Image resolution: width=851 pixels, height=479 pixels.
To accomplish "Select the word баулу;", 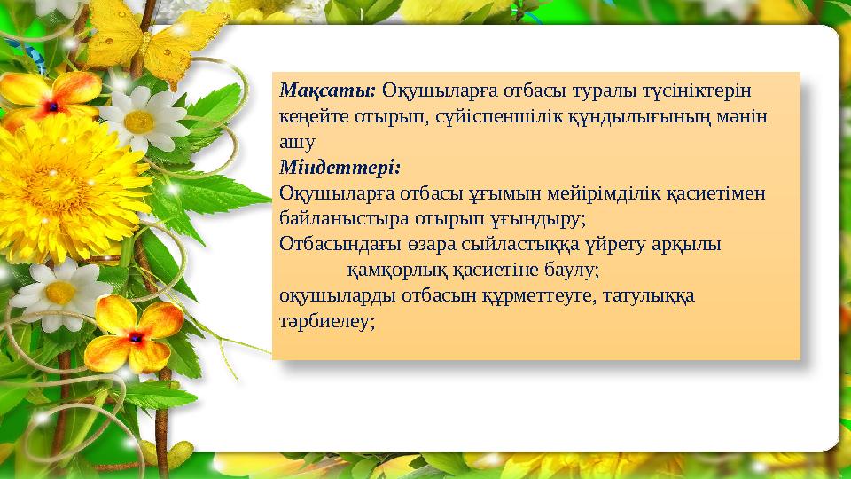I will tap(574, 268).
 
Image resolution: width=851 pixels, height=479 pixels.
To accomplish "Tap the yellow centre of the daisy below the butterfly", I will tap(139, 122).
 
